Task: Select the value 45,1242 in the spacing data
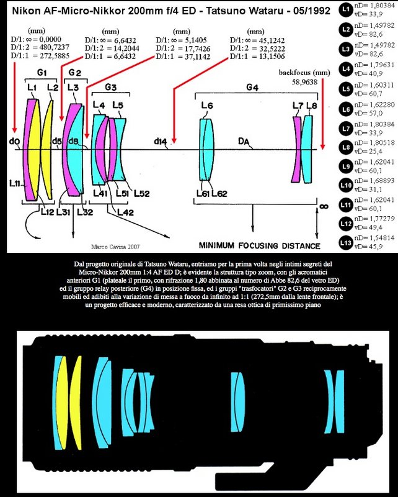(x=272, y=40)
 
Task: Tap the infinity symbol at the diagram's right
(x=323, y=206)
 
